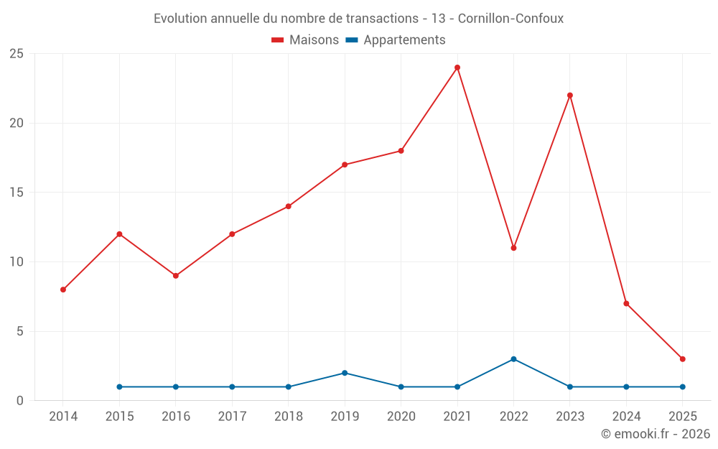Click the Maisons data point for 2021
pyautogui.click(x=457, y=68)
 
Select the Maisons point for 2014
pyautogui.click(x=63, y=290)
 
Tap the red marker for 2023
pyautogui.click(x=570, y=96)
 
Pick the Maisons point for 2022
pyautogui.click(x=513, y=248)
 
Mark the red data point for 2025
pyautogui.click(x=682, y=359)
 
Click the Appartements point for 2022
pyautogui.click(x=513, y=359)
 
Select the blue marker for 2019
pyautogui.click(x=345, y=373)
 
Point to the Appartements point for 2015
pyautogui.click(x=119, y=386)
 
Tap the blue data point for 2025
pyautogui.click(x=682, y=386)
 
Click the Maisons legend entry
pyautogui.click(x=305, y=40)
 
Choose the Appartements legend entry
pyautogui.click(x=396, y=40)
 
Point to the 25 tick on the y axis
pyautogui.click(x=17, y=54)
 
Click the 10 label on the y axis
pyautogui.click(x=17, y=262)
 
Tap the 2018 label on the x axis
pyautogui.click(x=288, y=417)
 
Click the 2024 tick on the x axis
pyautogui.click(x=626, y=417)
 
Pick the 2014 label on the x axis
pyautogui.click(x=63, y=417)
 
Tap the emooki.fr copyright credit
pyautogui.click(x=655, y=434)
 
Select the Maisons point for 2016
pyautogui.click(x=176, y=276)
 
